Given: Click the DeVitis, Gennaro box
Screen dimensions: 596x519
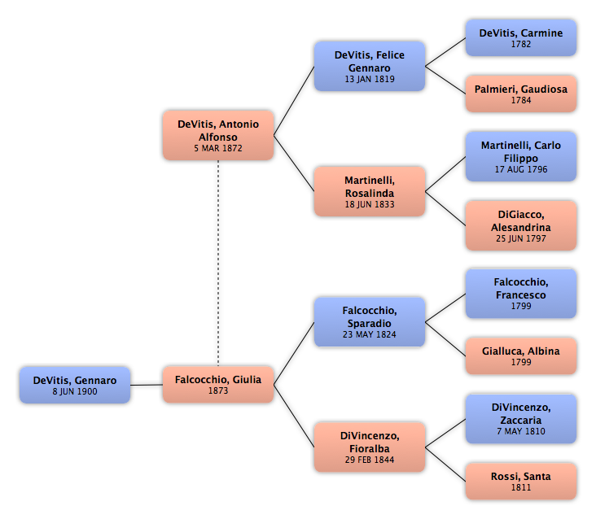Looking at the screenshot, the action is [x=75, y=385].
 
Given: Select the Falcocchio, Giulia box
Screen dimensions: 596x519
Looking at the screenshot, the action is [x=218, y=384].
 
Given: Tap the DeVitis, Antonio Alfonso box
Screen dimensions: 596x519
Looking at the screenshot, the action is [x=218, y=135].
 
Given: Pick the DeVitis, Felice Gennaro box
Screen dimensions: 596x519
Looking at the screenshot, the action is [x=370, y=66].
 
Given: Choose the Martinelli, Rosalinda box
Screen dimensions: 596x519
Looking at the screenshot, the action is [x=370, y=191].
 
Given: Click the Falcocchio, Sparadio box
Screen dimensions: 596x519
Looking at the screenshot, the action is [x=370, y=322].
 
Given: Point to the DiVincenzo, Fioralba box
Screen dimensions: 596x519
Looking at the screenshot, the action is [x=370, y=447].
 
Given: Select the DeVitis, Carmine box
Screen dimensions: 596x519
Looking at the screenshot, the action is [x=521, y=38].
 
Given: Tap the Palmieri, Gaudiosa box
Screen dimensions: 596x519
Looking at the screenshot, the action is [x=521, y=94].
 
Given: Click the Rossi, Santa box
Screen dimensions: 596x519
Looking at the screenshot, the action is [x=521, y=481].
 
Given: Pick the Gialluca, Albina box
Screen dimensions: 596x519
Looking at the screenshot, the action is [x=521, y=355].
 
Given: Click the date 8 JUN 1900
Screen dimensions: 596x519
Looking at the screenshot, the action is [x=75, y=391].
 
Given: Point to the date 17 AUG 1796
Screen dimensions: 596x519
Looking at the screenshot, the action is [x=521, y=169].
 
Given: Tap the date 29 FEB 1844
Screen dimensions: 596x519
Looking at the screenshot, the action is [x=370, y=460].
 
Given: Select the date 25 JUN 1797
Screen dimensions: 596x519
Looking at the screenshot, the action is [x=521, y=238].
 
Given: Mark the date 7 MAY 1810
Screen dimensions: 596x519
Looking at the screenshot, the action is [x=521, y=431].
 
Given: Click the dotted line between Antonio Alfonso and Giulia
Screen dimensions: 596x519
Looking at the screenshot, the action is [x=218, y=263].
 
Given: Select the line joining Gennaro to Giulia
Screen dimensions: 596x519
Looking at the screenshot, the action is [x=147, y=385].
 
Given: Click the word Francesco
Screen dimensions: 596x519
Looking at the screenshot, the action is [x=521, y=295].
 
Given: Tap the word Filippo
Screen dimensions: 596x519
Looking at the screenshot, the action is [x=521, y=159].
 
